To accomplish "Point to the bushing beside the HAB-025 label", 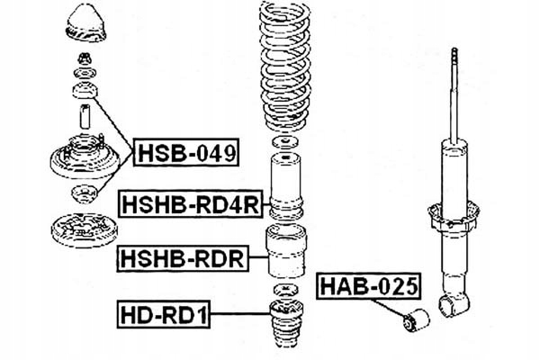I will (419, 317).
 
